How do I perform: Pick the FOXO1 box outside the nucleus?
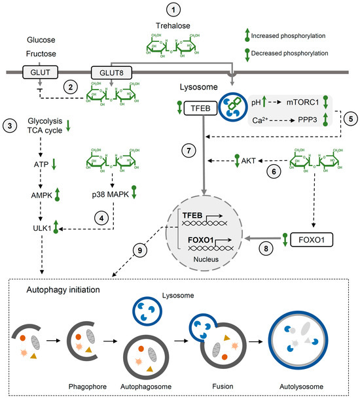coord(314,240)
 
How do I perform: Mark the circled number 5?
coord(350,120)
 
